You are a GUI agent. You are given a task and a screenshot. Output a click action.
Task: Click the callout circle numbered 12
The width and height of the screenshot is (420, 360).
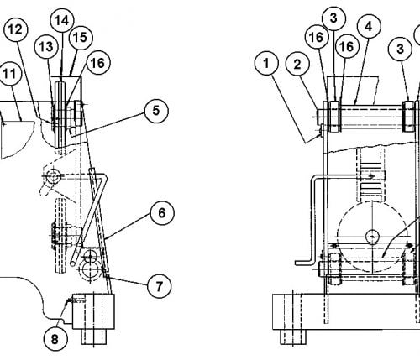[x=16, y=29]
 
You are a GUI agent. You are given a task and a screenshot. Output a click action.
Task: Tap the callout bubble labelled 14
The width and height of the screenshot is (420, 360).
[x=62, y=20]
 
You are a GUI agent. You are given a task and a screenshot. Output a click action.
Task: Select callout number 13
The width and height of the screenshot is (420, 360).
[x=46, y=47]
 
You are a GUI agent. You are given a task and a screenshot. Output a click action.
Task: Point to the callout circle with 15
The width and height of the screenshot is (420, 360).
[x=81, y=38]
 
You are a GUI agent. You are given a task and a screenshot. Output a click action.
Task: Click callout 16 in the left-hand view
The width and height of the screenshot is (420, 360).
[x=98, y=63]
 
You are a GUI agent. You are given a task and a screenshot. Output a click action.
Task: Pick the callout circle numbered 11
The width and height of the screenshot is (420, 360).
[x=9, y=74]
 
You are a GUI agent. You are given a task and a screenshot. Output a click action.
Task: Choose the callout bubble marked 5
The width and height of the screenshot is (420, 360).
[x=156, y=111]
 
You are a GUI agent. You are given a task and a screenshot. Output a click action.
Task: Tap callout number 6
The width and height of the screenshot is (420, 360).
[x=162, y=213]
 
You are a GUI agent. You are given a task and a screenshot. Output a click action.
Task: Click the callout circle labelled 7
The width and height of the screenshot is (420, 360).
[x=159, y=286]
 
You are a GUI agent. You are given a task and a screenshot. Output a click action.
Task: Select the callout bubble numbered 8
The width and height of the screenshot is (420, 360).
[x=55, y=339]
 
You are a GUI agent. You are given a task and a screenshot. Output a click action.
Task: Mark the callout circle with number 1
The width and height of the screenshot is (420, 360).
[x=266, y=63]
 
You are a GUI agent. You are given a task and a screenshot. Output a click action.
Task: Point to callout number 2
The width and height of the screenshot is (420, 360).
[x=297, y=65]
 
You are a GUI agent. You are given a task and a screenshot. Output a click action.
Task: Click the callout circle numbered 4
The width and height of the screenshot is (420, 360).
[x=369, y=26]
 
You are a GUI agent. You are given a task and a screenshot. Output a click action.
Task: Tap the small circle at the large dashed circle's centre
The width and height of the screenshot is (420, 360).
[x=372, y=237]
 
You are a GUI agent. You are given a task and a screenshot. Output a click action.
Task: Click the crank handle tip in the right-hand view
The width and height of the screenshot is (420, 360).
[x=297, y=263]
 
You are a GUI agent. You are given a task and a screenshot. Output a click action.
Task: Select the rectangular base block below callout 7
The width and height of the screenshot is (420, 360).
[x=93, y=311]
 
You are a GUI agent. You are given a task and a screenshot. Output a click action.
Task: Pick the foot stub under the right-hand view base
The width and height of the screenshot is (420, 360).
[x=293, y=337]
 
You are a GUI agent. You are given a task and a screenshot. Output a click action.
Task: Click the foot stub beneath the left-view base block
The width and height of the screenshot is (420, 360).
[x=94, y=337]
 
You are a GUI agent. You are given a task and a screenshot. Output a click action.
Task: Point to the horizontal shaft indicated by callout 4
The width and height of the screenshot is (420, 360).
[x=371, y=117]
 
